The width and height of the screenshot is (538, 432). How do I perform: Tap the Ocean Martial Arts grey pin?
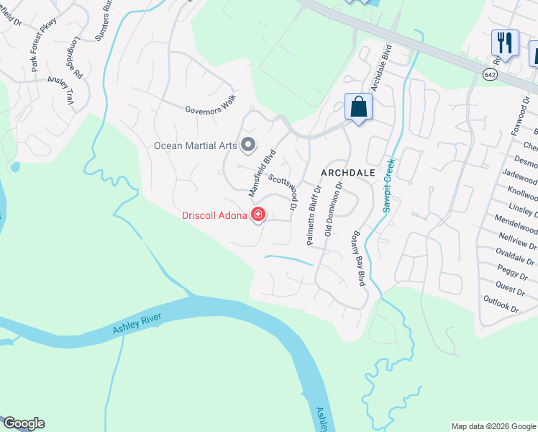click(x=248, y=145)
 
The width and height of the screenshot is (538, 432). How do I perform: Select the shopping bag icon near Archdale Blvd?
click(x=357, y=108)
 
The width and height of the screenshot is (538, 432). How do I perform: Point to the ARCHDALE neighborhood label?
click(x=349, y=174)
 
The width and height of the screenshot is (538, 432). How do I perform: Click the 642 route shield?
click(x=490, y=74)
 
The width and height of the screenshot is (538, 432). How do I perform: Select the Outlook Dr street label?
click(x=501, y=304)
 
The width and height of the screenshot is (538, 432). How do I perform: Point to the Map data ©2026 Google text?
click(x=493, y=426)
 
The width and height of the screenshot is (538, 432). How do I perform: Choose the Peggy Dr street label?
click(x=511, y=275)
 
